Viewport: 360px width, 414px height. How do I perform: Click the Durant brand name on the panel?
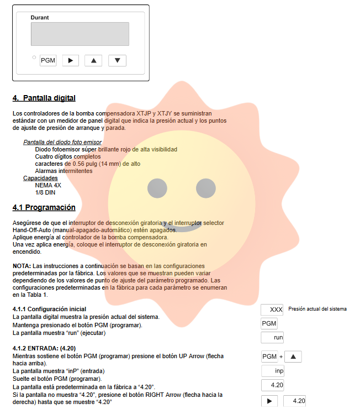click(x=40, y=18)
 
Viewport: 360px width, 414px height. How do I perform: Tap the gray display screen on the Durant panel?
click(x=80, y=34)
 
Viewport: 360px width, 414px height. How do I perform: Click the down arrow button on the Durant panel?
click(x=118, y=60)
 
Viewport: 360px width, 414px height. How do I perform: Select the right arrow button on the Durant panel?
click(x=70, y=60)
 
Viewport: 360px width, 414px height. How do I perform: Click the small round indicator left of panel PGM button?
click(x=34, y=57)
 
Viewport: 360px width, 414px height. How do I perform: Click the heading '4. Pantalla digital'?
click(x=44, y=98)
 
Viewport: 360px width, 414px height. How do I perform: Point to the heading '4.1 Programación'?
click(x=44, y=208)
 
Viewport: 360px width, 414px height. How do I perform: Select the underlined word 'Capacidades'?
click(x=40, y=179)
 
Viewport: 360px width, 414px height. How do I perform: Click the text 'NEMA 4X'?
click(x=48, y=186)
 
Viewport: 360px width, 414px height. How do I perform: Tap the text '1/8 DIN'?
click(x=45, y=193)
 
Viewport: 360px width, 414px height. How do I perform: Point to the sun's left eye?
click(x=157, y=188)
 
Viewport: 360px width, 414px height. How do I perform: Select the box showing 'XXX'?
click(x=272, y=310)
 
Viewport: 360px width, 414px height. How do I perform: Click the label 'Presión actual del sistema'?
click(x=317, y=309)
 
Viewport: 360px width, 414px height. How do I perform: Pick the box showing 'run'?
click(x=272, y=337)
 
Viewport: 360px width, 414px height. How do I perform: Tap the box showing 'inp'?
click(x=272, y=371)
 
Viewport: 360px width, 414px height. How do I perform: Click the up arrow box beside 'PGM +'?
click(x=293, y=357)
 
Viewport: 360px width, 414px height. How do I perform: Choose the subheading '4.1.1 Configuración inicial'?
click(x=49, y=309)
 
